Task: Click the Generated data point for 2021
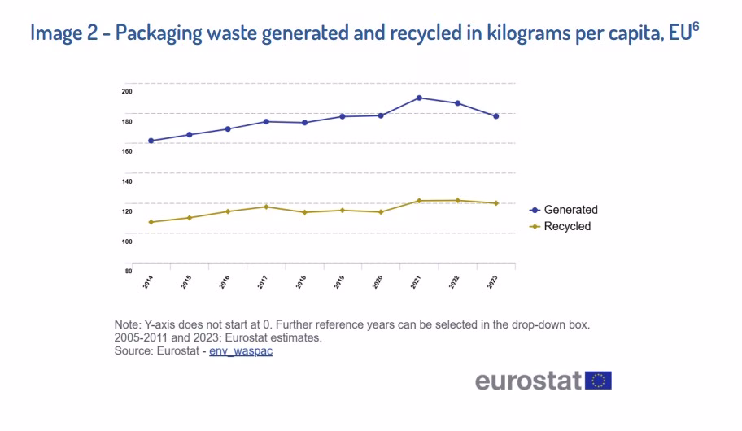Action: point(419,98)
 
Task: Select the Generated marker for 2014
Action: point(151,141)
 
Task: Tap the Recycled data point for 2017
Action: point(266,207)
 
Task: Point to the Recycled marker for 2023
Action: point(496,203)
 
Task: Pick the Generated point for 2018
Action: point(305,123)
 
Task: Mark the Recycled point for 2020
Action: point(381,212)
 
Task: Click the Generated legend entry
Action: point(564,210)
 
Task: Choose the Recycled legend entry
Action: point(561,226)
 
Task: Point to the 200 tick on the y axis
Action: point(127,91)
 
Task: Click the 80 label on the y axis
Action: point(129,271)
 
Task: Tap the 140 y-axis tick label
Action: point(127,181)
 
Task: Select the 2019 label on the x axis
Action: point(339,282)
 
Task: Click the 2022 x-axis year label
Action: point(454,282)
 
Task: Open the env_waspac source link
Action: point(241,351)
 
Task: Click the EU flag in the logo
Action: point(598,381)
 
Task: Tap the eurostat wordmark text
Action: point(528,381)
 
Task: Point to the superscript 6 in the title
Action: point(696,26)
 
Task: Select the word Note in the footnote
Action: point(126,325)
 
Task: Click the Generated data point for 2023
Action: point(496,116)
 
